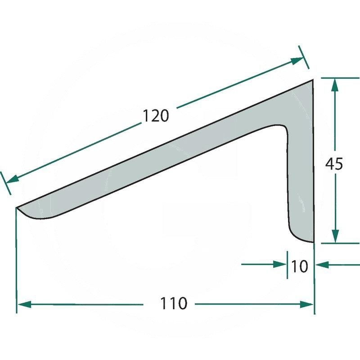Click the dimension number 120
point(156,116)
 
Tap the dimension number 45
point(334,164)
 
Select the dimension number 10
point(299,266)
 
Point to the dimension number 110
point(174,303)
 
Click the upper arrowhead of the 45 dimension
point(335,85)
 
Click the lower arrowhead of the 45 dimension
point(335,236)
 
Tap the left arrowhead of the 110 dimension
point(24,305)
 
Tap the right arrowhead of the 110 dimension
point(306,305)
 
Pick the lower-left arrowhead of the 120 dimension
point(13,179)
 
